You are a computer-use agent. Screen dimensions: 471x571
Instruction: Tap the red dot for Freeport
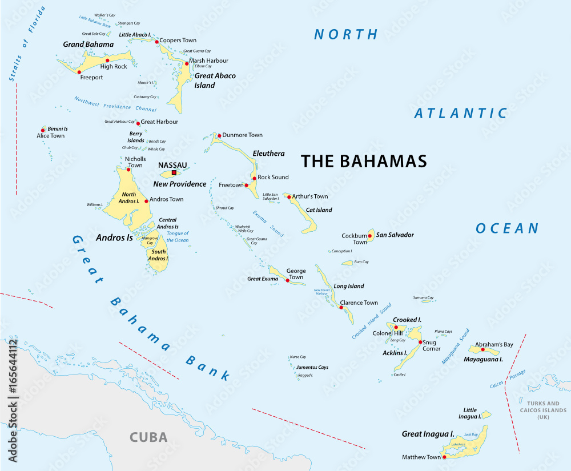click(79, 72)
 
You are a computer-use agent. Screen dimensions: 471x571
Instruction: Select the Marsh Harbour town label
click(208, 61)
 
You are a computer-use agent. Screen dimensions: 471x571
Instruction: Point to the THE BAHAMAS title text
click(364, 162)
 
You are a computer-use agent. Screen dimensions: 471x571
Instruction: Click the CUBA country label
click(148, 437)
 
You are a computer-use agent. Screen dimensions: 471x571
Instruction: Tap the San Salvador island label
click(395, 235)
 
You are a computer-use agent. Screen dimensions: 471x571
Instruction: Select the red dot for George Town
click(287, 280)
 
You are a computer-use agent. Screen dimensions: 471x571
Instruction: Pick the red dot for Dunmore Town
click(218, 135)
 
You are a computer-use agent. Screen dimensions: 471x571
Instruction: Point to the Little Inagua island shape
click(486, 414)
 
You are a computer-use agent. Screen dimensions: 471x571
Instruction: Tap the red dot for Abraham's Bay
click(482, 349)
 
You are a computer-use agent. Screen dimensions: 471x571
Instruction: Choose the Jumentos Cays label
click(312, 367)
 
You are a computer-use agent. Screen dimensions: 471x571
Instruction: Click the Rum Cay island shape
click(347, 263)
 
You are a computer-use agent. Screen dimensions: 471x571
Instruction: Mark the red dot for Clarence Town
click(341, 307)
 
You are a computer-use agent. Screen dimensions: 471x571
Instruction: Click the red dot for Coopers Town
click(156, 42)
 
